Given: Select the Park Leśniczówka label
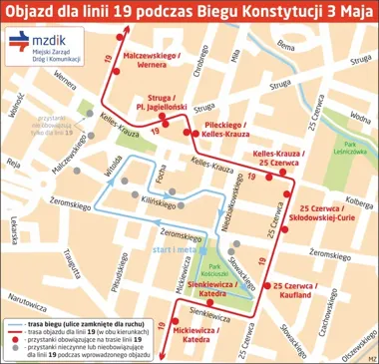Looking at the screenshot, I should [351, 149].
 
